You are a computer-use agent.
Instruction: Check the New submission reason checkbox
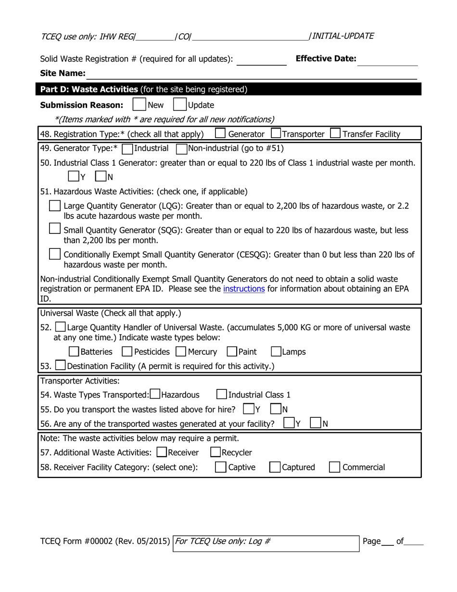point(139,104)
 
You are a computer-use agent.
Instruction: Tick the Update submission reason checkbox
point(180,104)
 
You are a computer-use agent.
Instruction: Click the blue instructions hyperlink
point(244,289)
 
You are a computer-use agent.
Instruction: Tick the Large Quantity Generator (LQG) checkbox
point(55,206)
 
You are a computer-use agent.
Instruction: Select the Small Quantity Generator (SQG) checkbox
point(55,229)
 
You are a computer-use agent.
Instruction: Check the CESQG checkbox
point(55,253)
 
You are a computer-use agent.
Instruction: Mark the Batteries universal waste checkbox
point(74,352)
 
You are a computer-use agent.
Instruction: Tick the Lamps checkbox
point(276,352)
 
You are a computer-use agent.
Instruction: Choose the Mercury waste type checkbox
point(181,352)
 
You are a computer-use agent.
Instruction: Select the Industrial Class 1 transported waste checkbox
point(222,395)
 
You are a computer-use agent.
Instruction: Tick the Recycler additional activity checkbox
point(216,452)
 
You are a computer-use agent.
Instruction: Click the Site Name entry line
point(250,74)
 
